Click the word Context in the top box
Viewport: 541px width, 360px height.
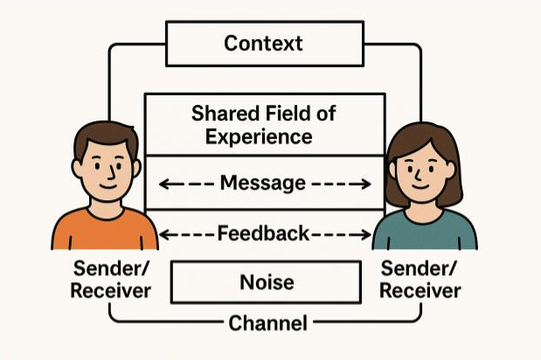click(264, 43)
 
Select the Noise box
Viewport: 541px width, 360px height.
click(266, 282)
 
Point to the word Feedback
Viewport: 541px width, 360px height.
click(263, 233)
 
